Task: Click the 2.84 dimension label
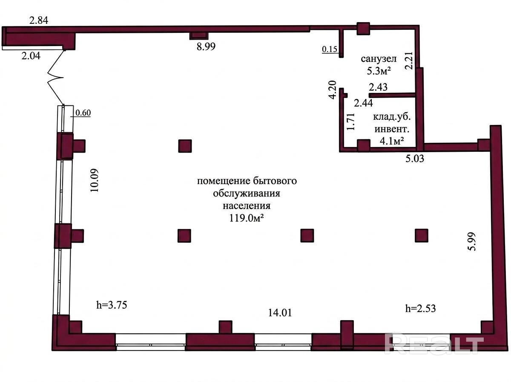point(39,20)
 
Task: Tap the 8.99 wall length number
point(206,46)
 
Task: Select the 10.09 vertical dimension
point(95,180)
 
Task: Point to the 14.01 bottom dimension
point(280,313)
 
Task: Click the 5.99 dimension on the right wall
point(472,241)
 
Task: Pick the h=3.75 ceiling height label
point(112,305)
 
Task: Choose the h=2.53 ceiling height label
point(420,308)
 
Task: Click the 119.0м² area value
point(247,218)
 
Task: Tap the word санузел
point(379,59)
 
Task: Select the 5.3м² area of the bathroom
point(379,71)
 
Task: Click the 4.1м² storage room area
point(392,141)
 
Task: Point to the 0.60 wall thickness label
point(83,113)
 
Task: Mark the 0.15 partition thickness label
point(330,49)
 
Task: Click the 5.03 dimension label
point(415,159)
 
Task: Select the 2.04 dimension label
point(31,56)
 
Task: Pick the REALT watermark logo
point(434,344)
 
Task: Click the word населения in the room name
point(247,206)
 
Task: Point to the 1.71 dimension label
point(350,122)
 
